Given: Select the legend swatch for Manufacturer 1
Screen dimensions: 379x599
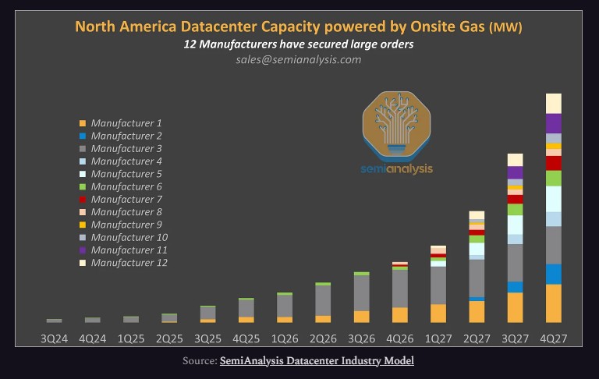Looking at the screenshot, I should pyautogui.click(x=81, y=123).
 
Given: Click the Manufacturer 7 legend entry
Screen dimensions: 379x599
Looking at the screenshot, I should pyautogui.click(x=126, y=200).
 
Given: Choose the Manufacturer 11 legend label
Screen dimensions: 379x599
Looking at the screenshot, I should pyautogui.click(x=129, y=250).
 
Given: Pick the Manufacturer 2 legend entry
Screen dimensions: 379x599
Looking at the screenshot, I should pyautogui.click(x=126, y=136).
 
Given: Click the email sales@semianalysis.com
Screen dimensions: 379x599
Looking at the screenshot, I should pyautogui.click(x=299, y=59).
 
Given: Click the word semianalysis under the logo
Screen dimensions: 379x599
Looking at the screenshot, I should pyautogui.click(x=397, y=168).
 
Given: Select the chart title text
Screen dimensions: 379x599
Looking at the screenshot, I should pyautogui.click(x=299, y=27).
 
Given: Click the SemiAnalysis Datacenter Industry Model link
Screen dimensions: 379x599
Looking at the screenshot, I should pyautogui.click(x=317, y=360).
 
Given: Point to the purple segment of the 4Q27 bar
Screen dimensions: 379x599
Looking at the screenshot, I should pyautogui.click(x=554, y=123).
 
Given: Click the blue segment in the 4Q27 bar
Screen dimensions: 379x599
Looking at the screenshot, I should pyautogui.click(x=554, y=274).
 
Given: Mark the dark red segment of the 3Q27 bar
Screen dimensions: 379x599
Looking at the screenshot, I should pyautogui.click(x=515, y=199).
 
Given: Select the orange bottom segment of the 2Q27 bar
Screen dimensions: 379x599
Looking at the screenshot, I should pyautogui.click(x=477, y=311).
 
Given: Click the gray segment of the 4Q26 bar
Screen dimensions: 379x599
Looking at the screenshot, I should pyautogui.click(x=400, y=289).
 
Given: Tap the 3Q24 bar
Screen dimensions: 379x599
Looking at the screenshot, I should pyautogui.click(x=54, y=320).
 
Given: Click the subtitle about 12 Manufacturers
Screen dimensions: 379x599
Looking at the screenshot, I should pyautogui.click(x=299, y=44).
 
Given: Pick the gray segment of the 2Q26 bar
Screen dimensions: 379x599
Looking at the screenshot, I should pyautogui.click(x=323, y=300).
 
